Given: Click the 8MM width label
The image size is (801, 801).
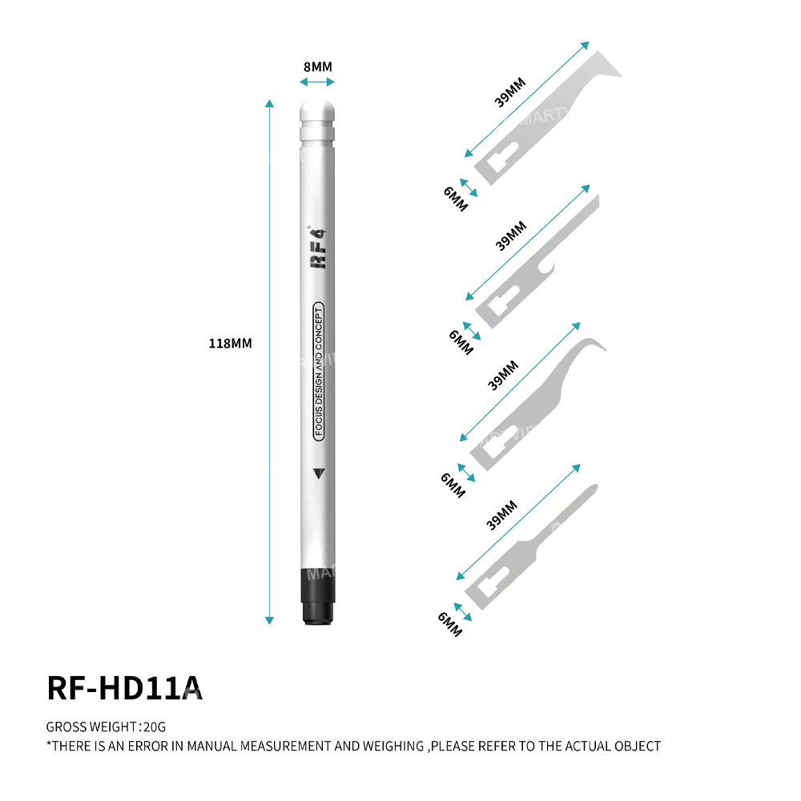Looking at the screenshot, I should pyautogui.click(x=318, y=66).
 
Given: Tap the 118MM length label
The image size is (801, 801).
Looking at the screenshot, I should pyautogui.click(x=230, y=343).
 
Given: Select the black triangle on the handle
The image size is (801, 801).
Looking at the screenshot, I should pyautogui.click(x=319, y=473).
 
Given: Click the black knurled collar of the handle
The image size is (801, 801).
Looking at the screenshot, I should pyautogui.click(x=318, y=596).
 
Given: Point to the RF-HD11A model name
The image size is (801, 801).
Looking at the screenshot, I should pyautogui.click(x=124, y=688).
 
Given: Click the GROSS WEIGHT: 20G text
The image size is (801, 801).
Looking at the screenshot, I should pyautogui.click(x=106, y=727).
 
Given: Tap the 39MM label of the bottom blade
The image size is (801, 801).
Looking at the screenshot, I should pyautogui.click(x=502, y=514).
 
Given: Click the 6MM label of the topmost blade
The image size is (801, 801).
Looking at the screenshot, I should pyautogui.click(x=456, y=197).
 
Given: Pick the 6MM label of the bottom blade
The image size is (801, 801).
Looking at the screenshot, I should pyautogui.click(x=449, y=623).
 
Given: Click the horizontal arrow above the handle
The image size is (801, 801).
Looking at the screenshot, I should pyautogui.click(x=318, y=82).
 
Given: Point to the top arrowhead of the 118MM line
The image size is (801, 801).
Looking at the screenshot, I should pyautogui.click(x=269, y=103).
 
